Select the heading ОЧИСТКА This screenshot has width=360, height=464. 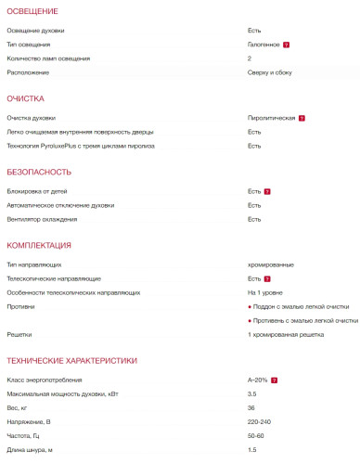[26, 97]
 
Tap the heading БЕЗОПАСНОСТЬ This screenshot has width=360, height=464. [38, 172]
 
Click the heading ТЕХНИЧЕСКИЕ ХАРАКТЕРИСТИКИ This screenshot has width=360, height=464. [72, 360]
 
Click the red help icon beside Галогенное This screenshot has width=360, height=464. [287, 45]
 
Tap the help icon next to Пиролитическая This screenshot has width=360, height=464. [302, 119]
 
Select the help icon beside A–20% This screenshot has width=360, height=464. [275, 380]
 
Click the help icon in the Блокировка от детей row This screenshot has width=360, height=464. [267, 191]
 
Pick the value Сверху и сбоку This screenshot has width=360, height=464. [270, 72]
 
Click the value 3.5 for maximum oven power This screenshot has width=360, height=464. [251, 394]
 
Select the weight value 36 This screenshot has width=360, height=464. [251, 408]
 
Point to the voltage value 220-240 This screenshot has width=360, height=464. [258, 422]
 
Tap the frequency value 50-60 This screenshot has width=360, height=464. [255, 436]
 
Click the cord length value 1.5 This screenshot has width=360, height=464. [251, 450]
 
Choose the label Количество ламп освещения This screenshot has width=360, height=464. [48, 58]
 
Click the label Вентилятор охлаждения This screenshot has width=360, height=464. [42, 219]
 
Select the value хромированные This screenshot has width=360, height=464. [270, 264]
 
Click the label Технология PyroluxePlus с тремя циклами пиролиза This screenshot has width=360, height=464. [80, 146]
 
